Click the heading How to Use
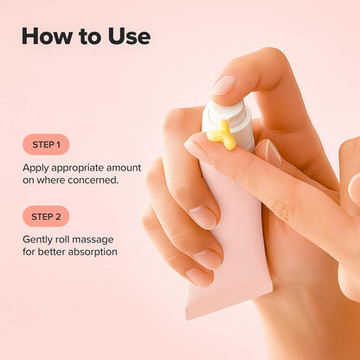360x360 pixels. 86,36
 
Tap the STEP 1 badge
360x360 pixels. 46,145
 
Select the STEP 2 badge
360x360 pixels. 46,216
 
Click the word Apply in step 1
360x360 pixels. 37,167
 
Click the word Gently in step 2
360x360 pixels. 40,239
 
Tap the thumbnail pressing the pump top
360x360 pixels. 223,85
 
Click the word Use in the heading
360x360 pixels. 126,36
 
